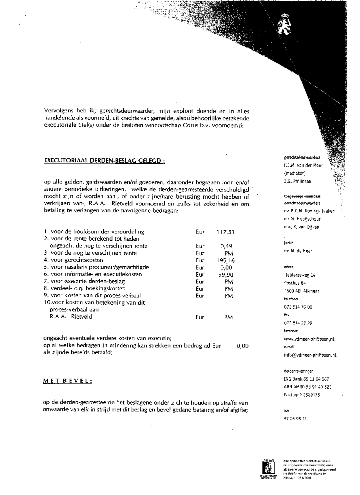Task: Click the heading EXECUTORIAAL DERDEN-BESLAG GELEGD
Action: point(104,161)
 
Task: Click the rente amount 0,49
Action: point(226,246)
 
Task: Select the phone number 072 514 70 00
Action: point(298,307)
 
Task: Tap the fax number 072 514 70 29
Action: point(298,323)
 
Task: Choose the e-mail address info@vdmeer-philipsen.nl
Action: point(310,355)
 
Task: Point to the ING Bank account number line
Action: point(306,379)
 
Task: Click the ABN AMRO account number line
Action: point(308,387)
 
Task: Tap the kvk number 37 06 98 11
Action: point(295,419)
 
